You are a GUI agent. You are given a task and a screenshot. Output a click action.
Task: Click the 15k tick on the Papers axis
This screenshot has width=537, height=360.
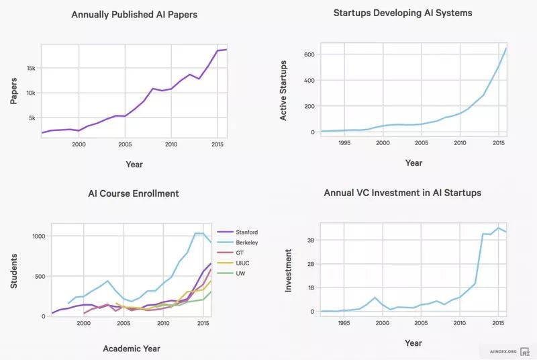[x=30, y=69]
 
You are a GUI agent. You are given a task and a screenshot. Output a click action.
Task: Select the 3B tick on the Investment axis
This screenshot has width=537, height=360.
[x=310, y=240]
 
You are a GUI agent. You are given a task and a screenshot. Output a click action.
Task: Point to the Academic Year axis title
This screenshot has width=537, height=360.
[x=132, y=348]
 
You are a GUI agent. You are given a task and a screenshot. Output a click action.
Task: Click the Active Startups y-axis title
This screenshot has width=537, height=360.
[x=284, y=93]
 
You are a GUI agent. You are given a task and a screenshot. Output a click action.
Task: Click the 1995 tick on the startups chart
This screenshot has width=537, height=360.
[x=344, y=143]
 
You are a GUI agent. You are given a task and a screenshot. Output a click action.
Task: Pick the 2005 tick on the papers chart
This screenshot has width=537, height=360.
[x=124, y=144]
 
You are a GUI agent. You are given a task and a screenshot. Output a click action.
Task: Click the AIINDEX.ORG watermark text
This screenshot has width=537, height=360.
[x=502, y=351]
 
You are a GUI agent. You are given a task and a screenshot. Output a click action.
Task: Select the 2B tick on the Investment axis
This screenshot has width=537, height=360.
[x=310, y=264]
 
